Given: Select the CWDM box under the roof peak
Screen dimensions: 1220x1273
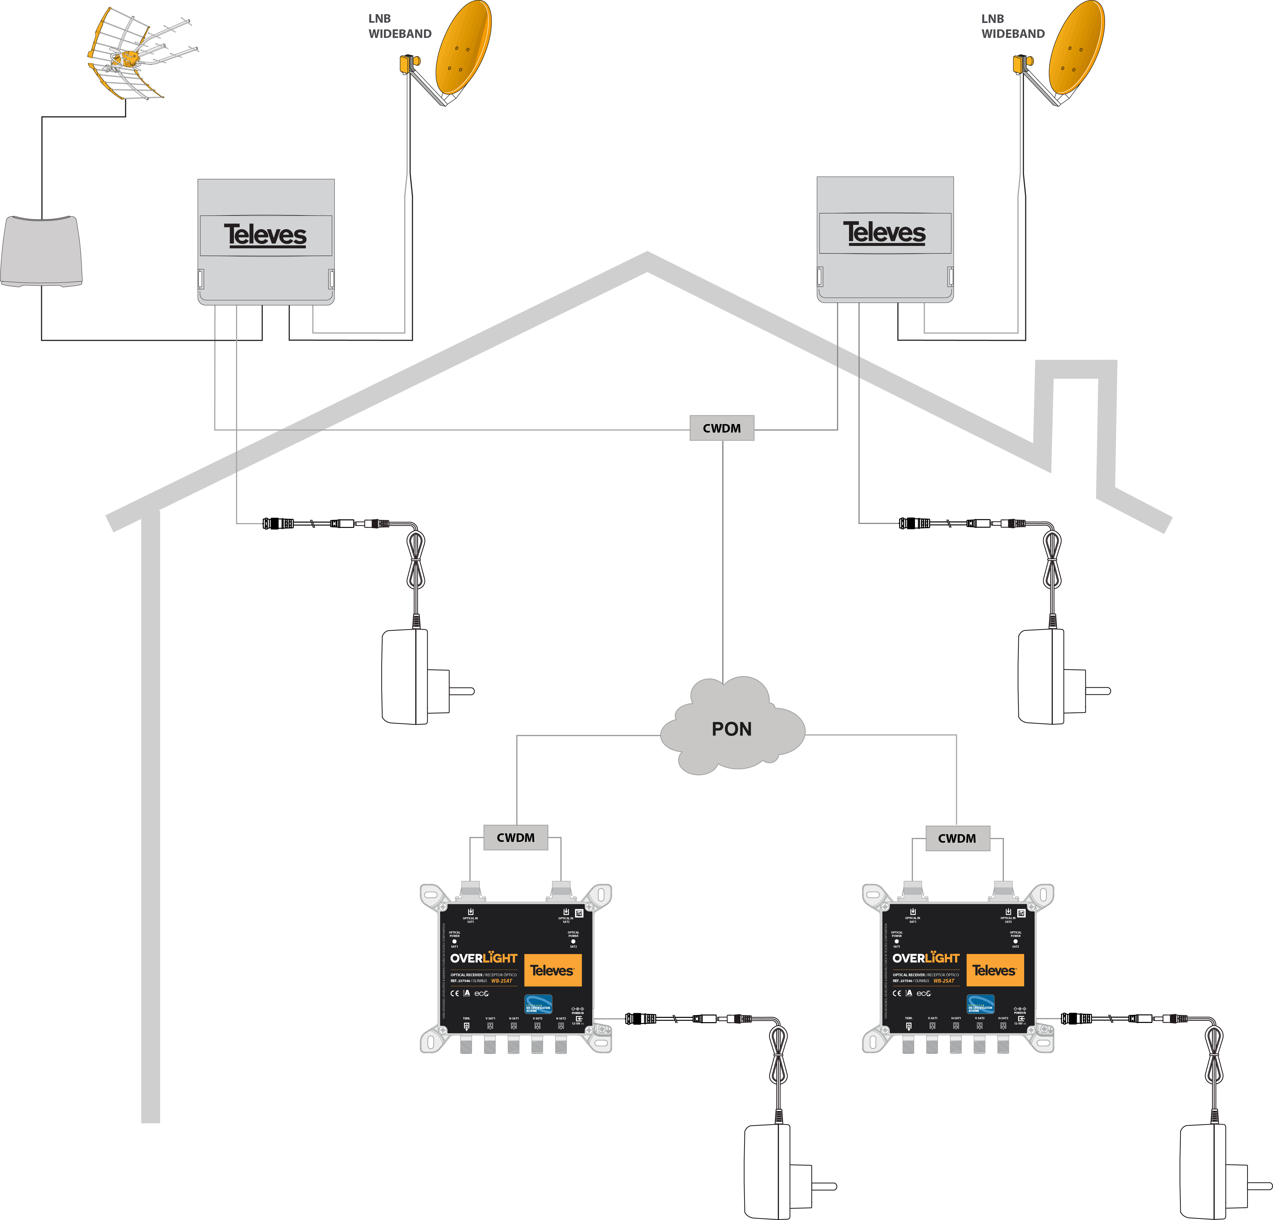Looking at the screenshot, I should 722,428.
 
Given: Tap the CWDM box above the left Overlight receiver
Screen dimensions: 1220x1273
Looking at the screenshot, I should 516,837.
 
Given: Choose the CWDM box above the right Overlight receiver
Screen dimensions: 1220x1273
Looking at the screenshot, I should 957,838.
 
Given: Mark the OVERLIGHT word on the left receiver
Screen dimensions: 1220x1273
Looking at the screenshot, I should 483,958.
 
